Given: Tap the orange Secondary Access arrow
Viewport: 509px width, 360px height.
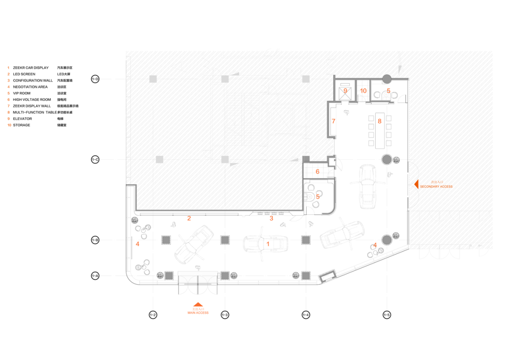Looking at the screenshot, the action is [x=416, y=184].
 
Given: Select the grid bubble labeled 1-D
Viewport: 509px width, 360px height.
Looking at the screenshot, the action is [x=95, y=79].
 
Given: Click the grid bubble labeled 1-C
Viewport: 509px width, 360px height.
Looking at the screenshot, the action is [x=95, y=160].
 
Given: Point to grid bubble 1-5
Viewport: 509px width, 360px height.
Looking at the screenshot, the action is [x=386, y=315].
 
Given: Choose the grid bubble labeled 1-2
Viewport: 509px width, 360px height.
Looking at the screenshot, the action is [x=153, y=315].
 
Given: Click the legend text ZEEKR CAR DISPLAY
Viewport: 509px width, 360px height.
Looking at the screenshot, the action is [x=31, y=68].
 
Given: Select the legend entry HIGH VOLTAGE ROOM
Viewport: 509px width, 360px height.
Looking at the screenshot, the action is [x=32, y=100].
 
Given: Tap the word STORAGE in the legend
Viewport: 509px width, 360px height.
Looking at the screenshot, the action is [x=21, y=125].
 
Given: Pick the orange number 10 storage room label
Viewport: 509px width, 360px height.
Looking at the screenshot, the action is [x=363, y=90].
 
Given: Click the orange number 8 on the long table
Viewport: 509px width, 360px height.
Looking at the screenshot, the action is [x=379, y=121].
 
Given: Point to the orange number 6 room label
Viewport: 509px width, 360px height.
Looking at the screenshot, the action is [x=317, y=172].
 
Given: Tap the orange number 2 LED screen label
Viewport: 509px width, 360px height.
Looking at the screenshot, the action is [x=189, y=218].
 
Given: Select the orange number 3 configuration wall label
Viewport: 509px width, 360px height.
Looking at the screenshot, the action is [x=271, y=218].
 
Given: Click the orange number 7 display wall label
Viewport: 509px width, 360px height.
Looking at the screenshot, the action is [x=333, y=121].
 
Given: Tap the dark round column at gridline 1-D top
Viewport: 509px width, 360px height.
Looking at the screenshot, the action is [x=386, y=78].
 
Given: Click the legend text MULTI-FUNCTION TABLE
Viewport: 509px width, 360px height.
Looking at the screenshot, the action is [x=34, y=113].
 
